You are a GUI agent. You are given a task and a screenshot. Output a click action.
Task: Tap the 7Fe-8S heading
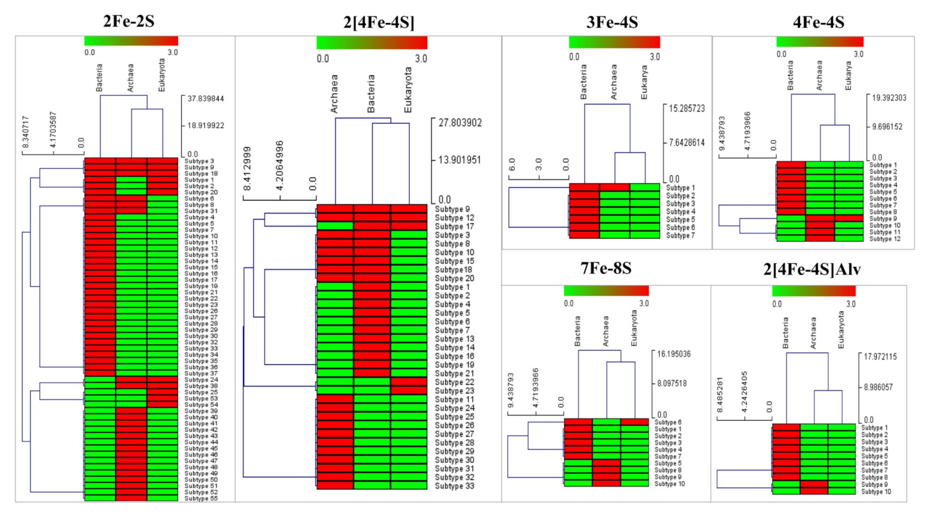click(x=606, y=268)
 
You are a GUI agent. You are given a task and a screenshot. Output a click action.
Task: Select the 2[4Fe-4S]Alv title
click(x=812, y=269)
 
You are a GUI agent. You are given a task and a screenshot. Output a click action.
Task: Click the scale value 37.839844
click(x=206, y=99)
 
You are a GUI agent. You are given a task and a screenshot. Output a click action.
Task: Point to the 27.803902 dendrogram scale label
click(x=460, y=123)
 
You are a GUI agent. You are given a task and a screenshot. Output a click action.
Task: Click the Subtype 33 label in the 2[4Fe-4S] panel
click(x=454, y=486)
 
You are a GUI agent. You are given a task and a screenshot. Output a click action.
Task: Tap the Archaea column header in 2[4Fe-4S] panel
click(x=334, y=94)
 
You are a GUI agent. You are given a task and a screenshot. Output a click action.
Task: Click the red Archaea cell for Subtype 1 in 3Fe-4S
click(x=615, y=187)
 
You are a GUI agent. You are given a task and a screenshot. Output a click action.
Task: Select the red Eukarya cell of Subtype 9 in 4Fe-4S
click(x=849, y=218)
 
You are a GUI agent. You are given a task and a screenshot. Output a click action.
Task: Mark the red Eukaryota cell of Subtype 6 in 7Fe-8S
click(x=634, y=422)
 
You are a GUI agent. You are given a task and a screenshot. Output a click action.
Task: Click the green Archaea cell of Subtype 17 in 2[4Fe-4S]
click(x=335, y=226)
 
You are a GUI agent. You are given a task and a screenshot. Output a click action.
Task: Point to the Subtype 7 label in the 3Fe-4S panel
click(x=680, y=235)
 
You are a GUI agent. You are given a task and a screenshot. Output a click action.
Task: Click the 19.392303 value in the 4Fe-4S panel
click(x=889, y=98)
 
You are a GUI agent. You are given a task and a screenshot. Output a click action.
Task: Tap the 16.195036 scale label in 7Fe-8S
click(x=674, y=354)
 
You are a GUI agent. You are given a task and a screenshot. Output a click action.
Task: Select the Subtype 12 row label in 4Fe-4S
click(x=885, y=239)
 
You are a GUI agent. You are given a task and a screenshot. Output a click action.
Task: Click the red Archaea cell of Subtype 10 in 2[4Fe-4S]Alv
click(x=814, y=491)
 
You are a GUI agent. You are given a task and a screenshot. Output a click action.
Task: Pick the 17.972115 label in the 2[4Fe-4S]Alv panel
click(x=880, y=357)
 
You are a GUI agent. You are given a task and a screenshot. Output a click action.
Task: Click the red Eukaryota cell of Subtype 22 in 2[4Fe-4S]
click(x=409, y=381)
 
